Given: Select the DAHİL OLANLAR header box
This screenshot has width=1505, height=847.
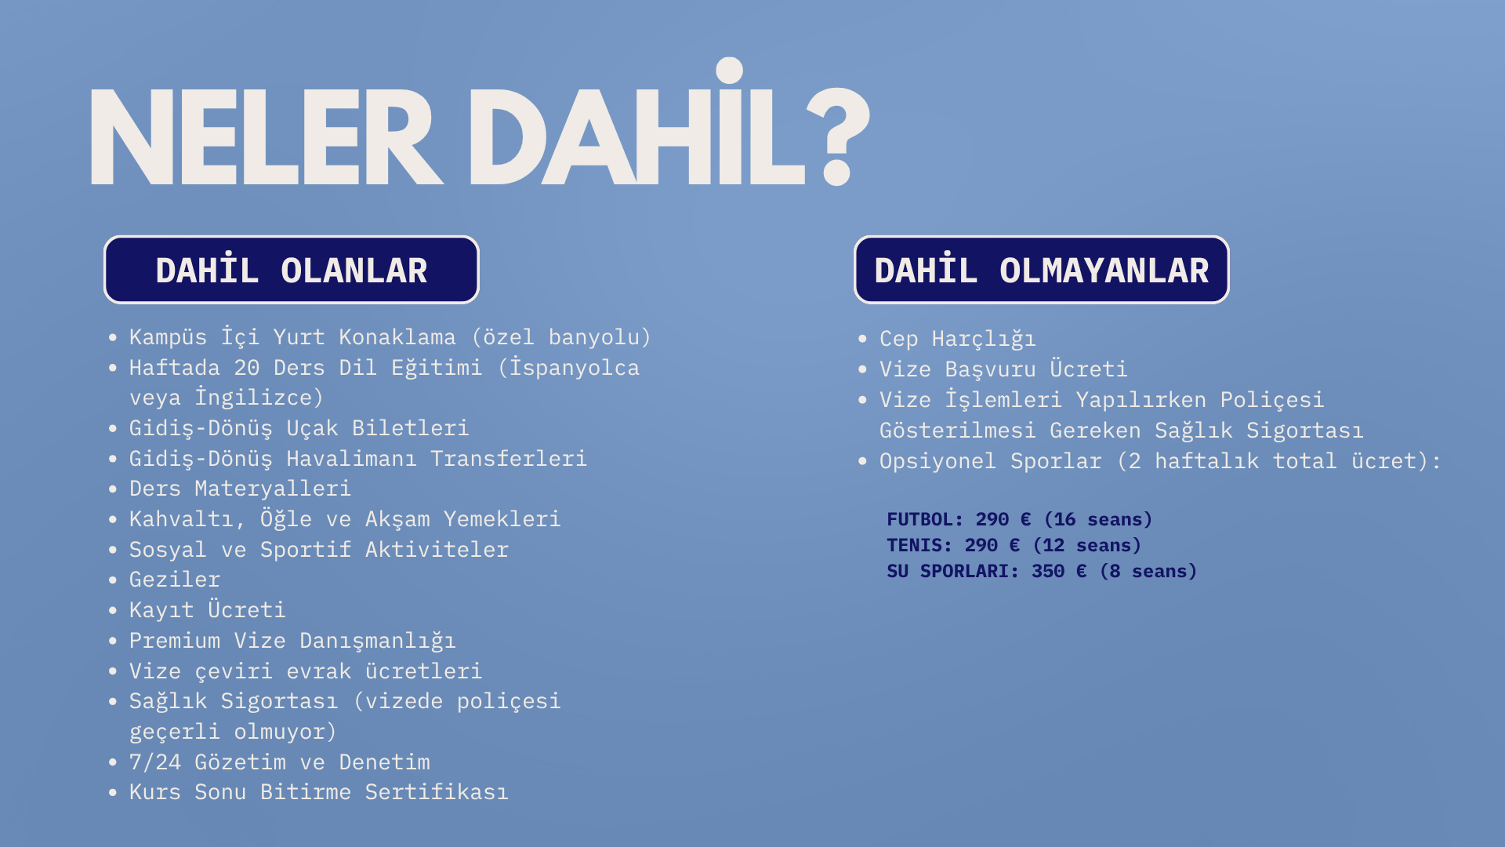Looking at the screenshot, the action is (292, 270).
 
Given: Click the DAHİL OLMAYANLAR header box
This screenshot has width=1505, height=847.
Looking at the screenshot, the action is (1042, 270).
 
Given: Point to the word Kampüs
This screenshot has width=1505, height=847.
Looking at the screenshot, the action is (168, 337).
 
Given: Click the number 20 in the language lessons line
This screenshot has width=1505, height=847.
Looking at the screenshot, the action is (247, 368).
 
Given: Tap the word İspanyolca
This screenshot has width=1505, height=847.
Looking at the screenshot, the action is (575, 368).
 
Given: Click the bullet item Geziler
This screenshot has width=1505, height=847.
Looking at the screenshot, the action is (175, 580).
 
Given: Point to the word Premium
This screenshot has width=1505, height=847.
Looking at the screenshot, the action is (175, 641).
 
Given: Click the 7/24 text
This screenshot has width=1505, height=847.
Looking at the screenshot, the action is (155, 762).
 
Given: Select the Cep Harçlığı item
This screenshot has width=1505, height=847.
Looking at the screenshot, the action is (958, 339).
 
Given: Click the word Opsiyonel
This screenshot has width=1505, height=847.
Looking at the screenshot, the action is (937, 461).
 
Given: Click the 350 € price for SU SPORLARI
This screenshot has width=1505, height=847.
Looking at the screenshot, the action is (1059, 571).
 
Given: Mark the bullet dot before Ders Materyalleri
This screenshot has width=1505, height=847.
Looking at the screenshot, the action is (113, 489).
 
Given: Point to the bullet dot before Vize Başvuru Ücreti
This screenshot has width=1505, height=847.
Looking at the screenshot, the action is (863, 369).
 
